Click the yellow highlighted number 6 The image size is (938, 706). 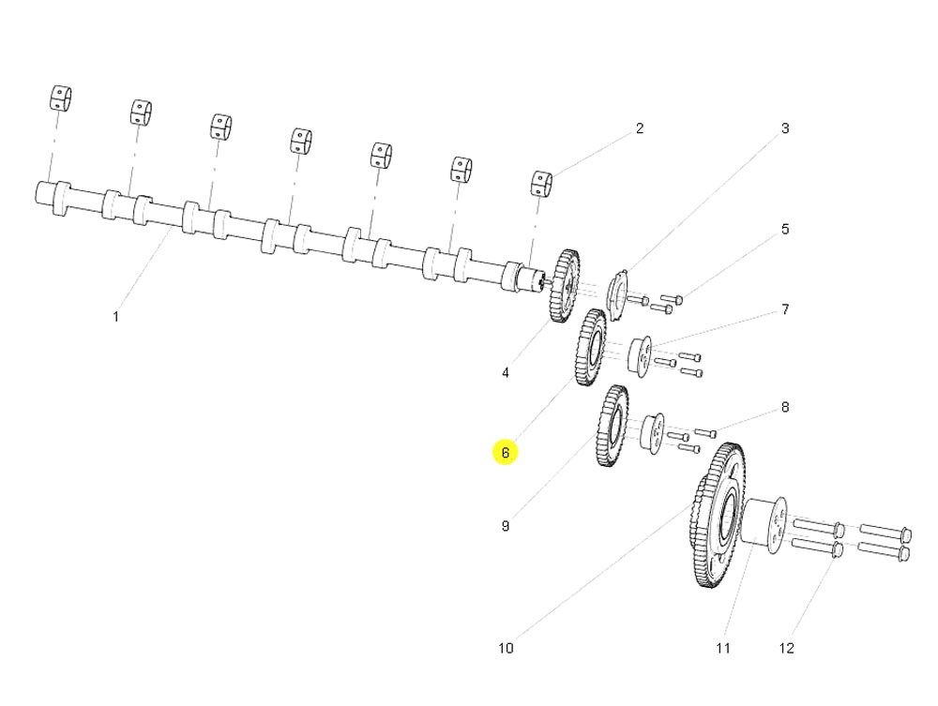(505, 453)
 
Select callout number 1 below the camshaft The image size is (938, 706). (116, 317)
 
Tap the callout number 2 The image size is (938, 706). (640, 128)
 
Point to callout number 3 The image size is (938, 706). (785, 128)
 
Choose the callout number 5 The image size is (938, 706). (785, 229)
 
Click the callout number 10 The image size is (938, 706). (506, 648)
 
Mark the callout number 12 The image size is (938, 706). (786, 648)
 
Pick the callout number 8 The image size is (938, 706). (785, 408)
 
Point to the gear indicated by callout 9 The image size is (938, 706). (613, 426)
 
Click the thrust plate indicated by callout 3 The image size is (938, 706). (616, 291)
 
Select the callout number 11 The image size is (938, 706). (722, 648)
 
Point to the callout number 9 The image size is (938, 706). (506, 526)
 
